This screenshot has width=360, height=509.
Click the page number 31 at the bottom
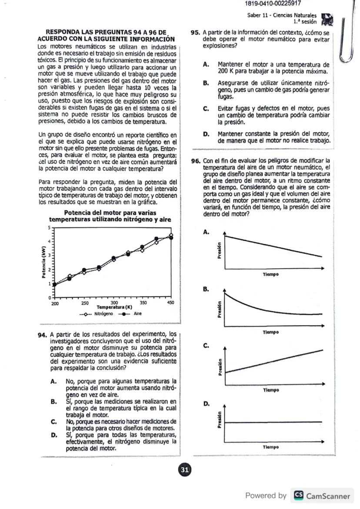pos(184,469)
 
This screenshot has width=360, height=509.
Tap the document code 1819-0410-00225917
pos(273,4)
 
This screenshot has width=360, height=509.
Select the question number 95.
pos(196,33)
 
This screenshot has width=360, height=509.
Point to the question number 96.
pos(196,160)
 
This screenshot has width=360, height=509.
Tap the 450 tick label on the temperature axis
pos(170,303)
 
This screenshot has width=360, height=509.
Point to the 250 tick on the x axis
pos(85,303)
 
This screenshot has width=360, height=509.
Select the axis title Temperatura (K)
pos(114,307)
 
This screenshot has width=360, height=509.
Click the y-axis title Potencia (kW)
pos(44,262)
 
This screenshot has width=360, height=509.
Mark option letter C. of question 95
pos(206,109)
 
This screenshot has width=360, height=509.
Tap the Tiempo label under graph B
pos(270,332)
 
